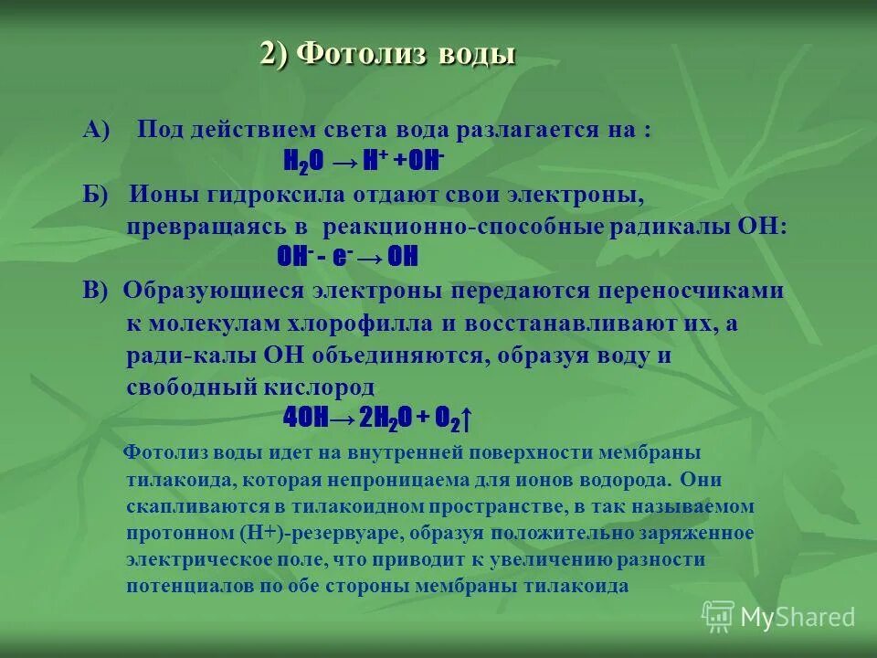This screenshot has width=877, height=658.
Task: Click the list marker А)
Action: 96,130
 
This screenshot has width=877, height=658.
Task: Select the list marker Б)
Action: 95,195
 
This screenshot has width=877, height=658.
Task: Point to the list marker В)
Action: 95,291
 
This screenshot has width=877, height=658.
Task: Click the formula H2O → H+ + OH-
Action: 364,162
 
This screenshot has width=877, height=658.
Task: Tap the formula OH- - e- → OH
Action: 347,258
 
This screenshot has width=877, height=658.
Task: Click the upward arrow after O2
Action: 466,419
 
